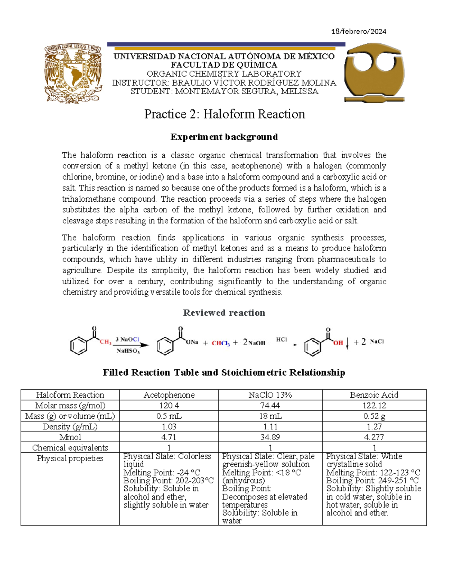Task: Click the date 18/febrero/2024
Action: point(358,31)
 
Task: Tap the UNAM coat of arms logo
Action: point(73,73)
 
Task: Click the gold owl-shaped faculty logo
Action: point(374,73)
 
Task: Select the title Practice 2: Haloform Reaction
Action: point(224,114)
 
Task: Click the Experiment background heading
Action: point(224,137)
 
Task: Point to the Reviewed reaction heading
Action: point(224,313)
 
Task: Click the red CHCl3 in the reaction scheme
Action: point(221,343)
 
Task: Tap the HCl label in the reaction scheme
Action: point(281,340)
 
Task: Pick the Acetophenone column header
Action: point(169,395)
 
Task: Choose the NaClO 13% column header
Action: point(270,395)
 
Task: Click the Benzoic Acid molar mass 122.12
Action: point(374,406)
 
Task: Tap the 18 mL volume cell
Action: point(270,416)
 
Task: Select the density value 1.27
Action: point(374,426)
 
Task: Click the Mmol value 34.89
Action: point(270,437)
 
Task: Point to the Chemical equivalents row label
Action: point(70,447)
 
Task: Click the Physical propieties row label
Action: point(70,458)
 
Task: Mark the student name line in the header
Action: point(224,92)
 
